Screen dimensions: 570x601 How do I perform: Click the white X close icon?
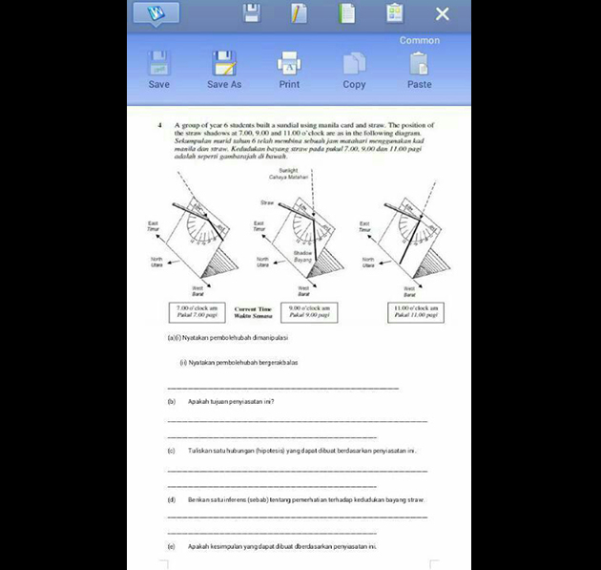tap(442, 13)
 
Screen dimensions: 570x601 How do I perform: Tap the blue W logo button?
tap(155, 13)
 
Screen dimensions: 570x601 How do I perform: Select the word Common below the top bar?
tap(420, 40)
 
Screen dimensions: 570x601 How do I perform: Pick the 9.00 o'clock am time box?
tap(309, 311)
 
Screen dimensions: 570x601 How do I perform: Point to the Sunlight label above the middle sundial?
tap(276, 172)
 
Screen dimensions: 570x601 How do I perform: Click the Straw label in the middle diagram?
tap(267, 202)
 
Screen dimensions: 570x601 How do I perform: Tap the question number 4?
tap(161, 125)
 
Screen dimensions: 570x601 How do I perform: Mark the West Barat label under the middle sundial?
tap(302, 290)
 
